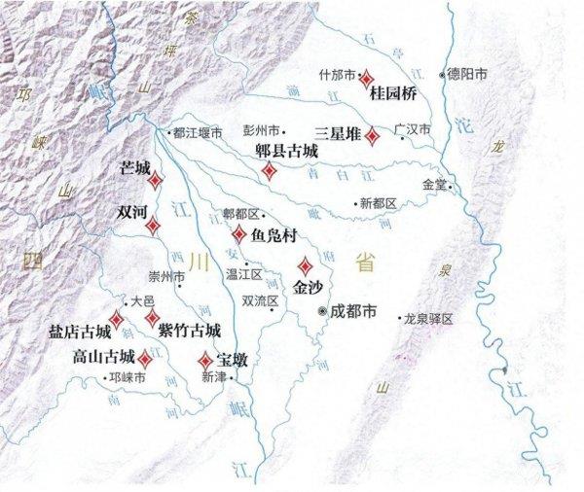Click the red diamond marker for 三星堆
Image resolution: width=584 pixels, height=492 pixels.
tap(372, 136)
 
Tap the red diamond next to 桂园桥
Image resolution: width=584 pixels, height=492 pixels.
tap(367, 77)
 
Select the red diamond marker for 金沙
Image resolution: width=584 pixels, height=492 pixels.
tap(305, 265)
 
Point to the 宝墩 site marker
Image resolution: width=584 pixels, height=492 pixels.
tap(205, 359)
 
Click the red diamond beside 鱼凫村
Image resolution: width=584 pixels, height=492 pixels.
tap(239, 233)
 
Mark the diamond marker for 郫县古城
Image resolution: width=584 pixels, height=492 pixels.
tap(269, 170)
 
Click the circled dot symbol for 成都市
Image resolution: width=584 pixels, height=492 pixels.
tap(323, 311)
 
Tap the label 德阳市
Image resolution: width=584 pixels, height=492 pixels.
tap(463, 73)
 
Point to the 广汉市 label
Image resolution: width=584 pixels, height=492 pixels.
tap(411, 127)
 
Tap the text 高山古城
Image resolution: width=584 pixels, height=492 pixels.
tap(103, 357)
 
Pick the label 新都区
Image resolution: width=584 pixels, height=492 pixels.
tap(379, 203)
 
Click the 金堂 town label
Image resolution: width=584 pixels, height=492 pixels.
tap(434, 184)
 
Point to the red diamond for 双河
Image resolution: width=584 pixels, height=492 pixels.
tap(153, 226)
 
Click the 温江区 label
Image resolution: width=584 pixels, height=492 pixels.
tap(237, 274)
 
